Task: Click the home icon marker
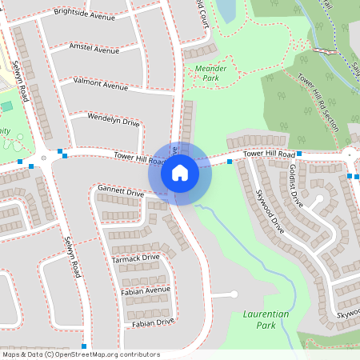point(180,173)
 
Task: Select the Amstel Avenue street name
point(95,50)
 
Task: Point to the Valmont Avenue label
point(100,83)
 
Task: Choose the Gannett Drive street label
point(121,192)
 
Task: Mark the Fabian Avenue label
point(146,290)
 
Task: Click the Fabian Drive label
point(153,322)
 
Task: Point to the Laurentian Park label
point(265,320)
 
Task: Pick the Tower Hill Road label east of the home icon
point(269,152)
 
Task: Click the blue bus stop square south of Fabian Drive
point(84,346)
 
